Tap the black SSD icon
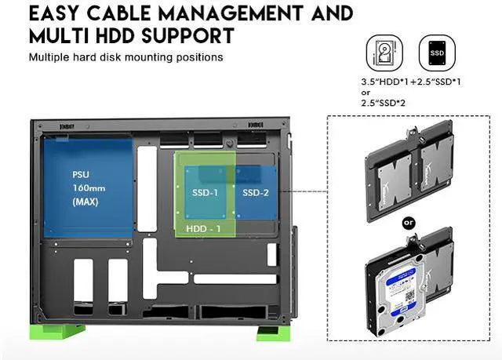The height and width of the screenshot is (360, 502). tap(437, 54)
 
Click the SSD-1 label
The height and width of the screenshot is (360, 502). tap(204, 191)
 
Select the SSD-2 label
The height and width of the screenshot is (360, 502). tap(255, 191)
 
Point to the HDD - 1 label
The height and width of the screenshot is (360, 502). tap(203, 229)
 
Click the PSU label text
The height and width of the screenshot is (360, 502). tap(81, 173)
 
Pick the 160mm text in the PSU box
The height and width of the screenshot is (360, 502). tap(86, 187)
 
